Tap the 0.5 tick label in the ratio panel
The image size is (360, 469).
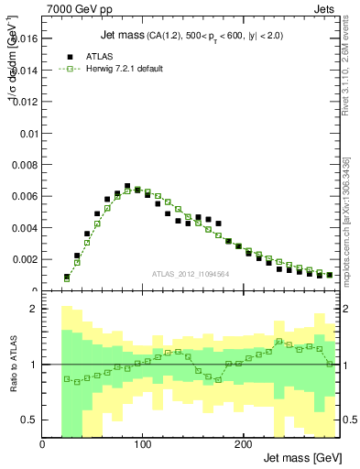click(x=30, y=420)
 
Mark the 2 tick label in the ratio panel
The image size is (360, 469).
click(x=34, y=309)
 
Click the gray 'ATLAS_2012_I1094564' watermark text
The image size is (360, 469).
click(x=190, y=273)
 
